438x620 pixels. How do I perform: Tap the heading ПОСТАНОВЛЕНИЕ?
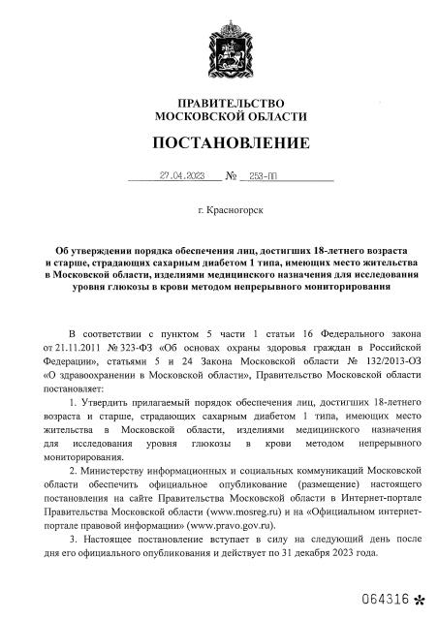pyautogui.click(x=230, y=143)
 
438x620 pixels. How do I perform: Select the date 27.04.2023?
pyautogui.click(x=182, y=176)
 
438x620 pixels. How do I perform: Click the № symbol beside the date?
pyautogui.click(x=231, y=177)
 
